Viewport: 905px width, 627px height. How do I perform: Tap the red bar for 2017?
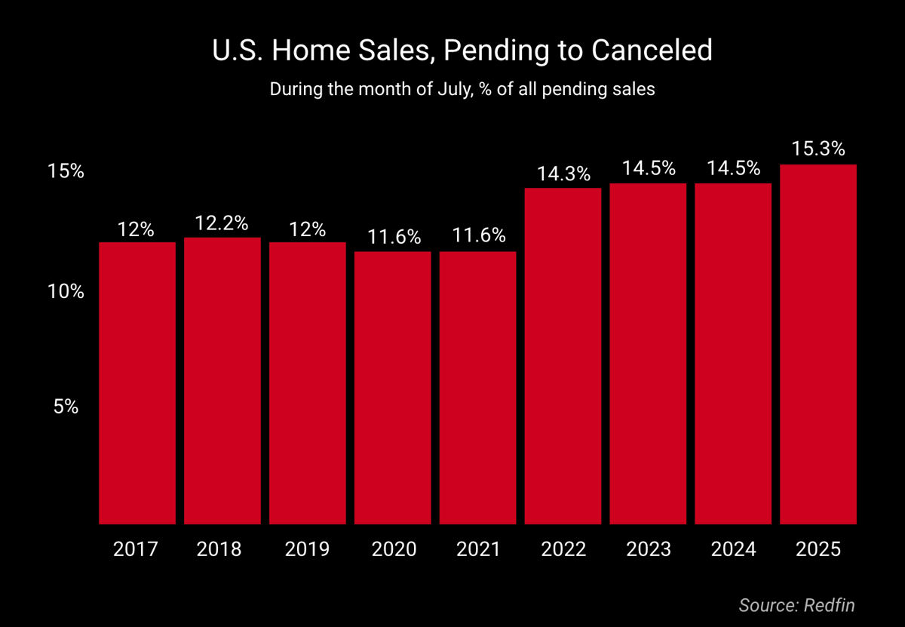137,383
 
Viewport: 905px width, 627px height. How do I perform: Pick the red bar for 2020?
393,387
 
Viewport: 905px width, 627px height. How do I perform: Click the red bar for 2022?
563,355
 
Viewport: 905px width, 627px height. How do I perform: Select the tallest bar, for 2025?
818,343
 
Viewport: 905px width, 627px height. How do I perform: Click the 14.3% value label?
563,174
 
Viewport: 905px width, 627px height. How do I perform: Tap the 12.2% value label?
222,223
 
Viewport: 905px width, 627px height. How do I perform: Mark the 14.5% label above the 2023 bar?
649,169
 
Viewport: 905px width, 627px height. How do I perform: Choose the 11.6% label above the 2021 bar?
478,236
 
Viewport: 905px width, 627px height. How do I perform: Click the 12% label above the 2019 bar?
308,228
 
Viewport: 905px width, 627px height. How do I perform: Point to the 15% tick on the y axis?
66,171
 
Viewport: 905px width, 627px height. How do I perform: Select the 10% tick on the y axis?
66,291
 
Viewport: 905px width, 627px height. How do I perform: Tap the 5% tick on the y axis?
66,407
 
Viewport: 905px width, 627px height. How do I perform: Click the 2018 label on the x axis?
219,549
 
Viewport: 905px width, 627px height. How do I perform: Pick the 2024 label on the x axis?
733,549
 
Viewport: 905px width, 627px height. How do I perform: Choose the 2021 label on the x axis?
478,549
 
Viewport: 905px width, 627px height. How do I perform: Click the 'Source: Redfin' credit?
797,604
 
